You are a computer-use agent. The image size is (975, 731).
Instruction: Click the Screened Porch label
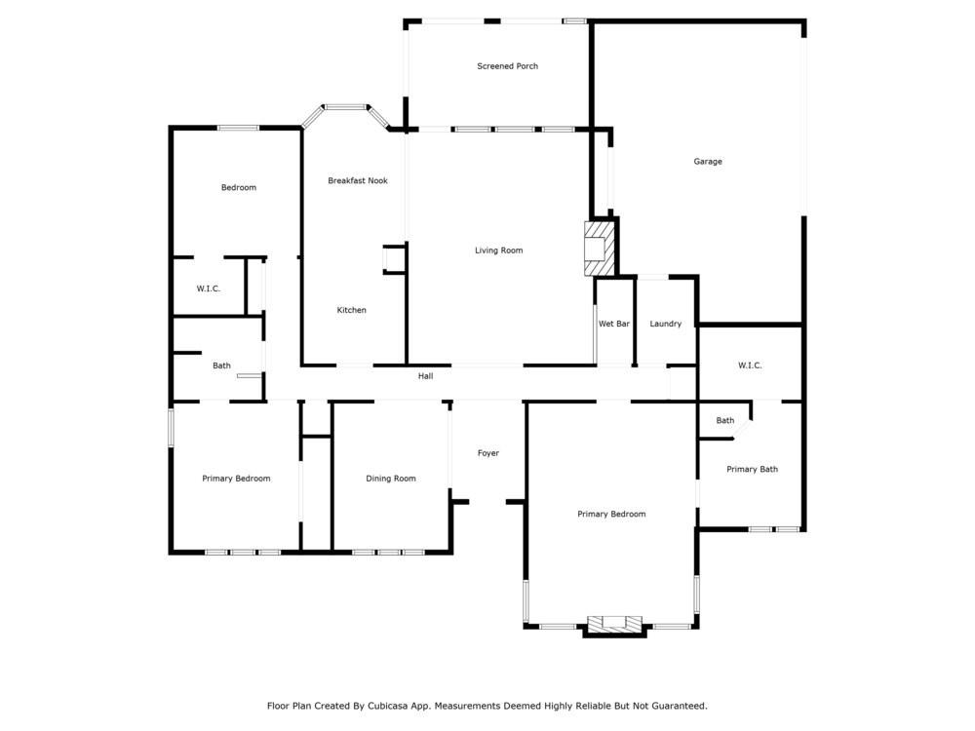(507, 66)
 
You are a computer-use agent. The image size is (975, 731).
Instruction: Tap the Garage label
(708, 162)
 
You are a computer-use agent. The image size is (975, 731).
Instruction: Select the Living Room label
(498, 250)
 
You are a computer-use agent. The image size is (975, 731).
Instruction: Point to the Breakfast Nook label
(357, 180)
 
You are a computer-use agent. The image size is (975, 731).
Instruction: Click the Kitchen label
(351, 310)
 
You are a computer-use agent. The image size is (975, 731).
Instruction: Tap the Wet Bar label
(613, 324)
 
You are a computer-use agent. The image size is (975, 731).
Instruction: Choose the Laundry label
(665, 324)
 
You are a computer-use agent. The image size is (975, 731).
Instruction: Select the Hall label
(425, 376)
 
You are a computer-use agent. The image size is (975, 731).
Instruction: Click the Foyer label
(487, 453)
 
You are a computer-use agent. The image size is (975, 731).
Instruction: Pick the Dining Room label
(390, 479)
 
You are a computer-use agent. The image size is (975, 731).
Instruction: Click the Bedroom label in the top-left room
(238, 187)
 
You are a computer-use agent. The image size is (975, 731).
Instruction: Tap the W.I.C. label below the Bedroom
(208, 289)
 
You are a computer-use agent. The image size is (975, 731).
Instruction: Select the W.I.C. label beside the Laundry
(749, 365)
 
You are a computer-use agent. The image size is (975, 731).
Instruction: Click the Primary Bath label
(752, 470)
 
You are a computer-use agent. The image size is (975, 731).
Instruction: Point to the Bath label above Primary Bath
(724, 421)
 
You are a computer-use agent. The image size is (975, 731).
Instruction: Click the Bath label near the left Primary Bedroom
(221, 366)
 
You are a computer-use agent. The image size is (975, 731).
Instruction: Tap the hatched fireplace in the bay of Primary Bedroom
(614, 625)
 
